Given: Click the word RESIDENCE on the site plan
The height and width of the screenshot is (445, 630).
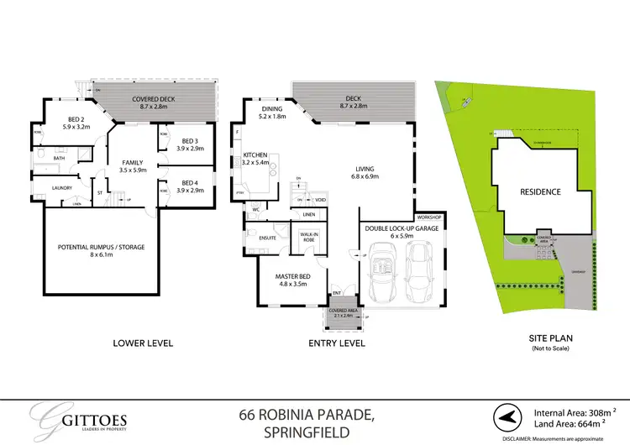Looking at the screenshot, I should pos(540,191).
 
